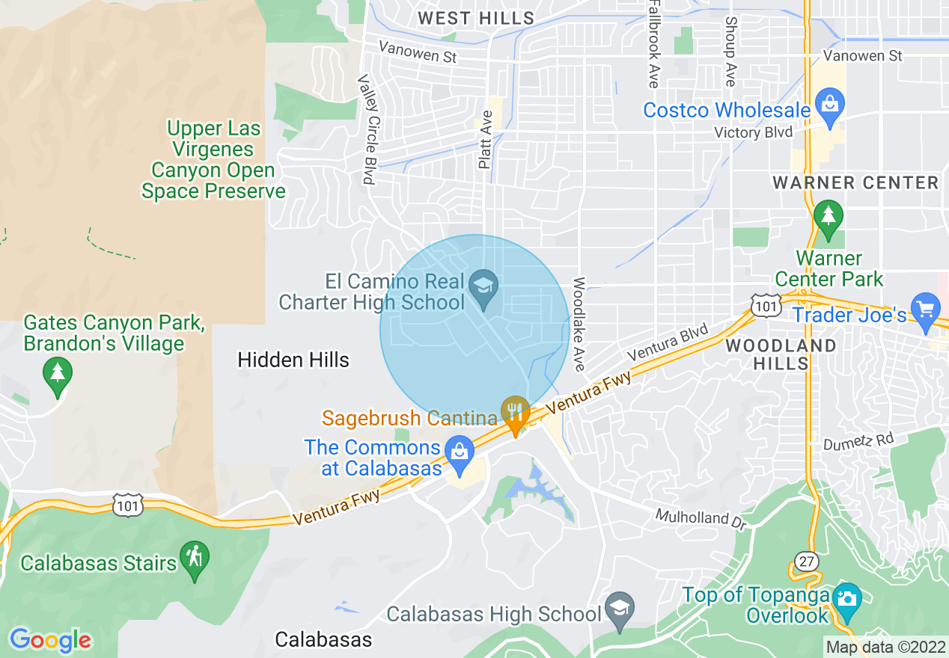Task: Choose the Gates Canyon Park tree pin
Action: [x=58, y=372]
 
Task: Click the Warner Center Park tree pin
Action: [x=828, y=216]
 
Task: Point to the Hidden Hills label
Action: [x=293, y=360]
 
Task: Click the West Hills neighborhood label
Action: [x=476, y=18]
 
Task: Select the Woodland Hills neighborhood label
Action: [x=781, y=354]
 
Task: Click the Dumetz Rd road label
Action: [x=858, y=441]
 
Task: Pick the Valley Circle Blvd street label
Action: [x=366, y=129]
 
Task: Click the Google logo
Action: [x=50, y=640]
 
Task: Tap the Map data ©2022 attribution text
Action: [x=885, y=646]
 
